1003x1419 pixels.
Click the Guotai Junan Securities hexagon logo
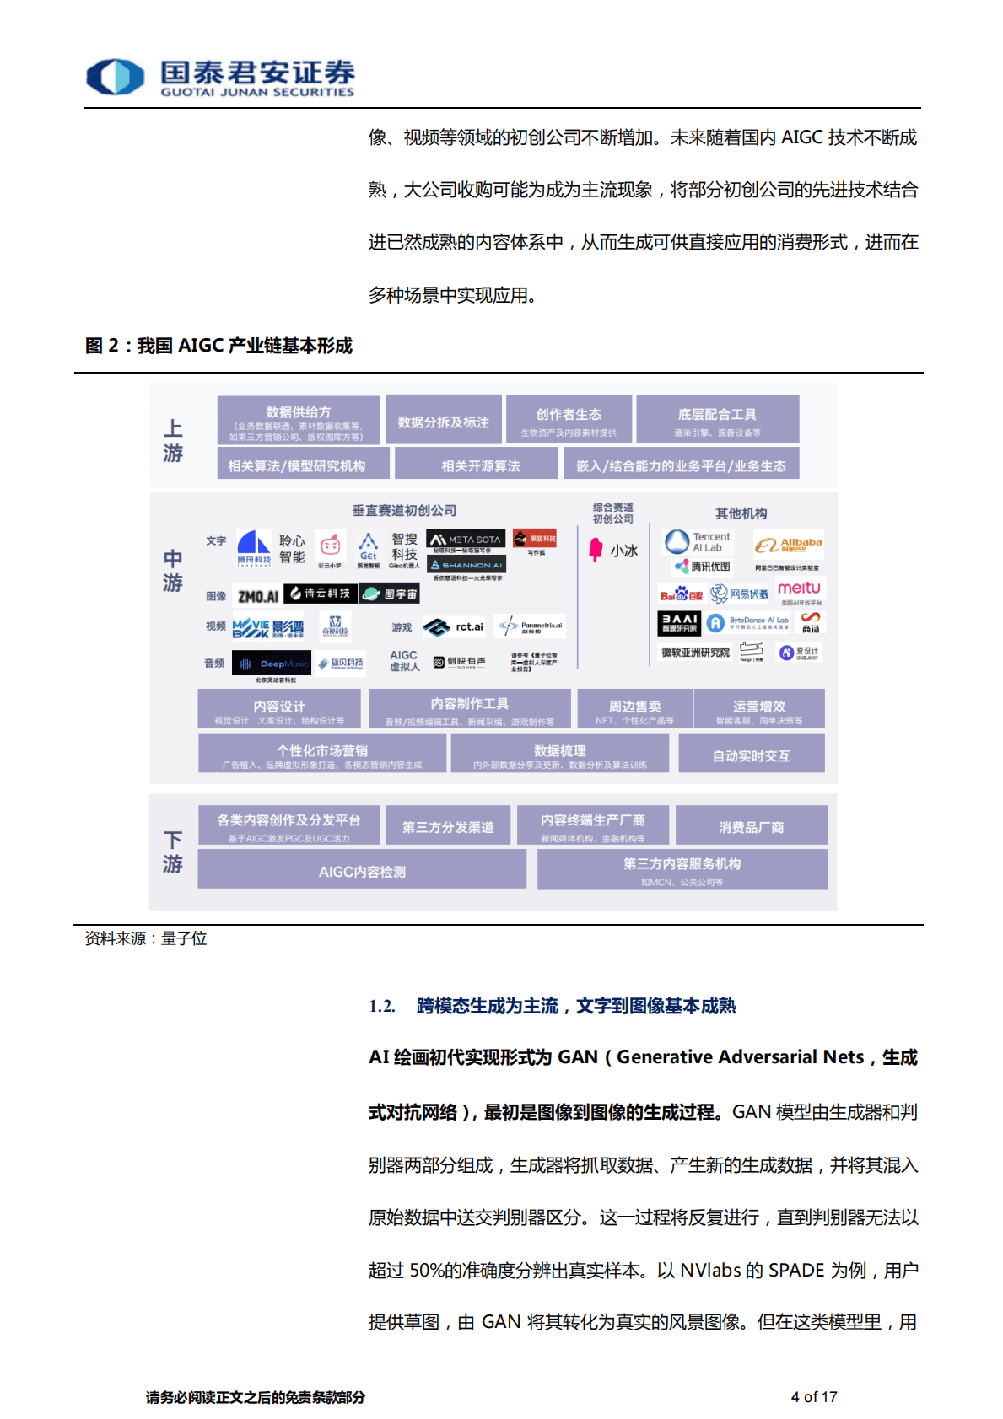[116, 77]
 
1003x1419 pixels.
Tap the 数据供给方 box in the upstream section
[298, 420]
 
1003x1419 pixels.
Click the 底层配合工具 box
[717, 419]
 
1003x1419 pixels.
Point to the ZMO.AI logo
[257, 596]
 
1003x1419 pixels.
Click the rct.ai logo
[454, 626]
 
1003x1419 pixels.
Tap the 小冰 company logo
[613, 550]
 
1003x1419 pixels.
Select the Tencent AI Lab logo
[698, 541]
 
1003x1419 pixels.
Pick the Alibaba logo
[788, 545]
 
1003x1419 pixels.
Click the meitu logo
[798, 589]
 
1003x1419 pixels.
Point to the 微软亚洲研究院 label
[695, 652]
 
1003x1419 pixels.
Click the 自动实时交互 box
[751, 755]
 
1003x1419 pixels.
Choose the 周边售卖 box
[634, 709]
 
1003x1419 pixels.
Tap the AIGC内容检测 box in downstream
[362, 871]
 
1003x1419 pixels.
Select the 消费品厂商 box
[751, 827]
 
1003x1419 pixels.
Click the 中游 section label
[173, 571]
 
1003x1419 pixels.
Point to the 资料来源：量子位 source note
[146, 938]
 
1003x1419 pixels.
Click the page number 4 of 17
[813, 1396]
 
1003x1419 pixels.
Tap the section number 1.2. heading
[381, 1006]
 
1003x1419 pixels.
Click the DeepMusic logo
[272, 664]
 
